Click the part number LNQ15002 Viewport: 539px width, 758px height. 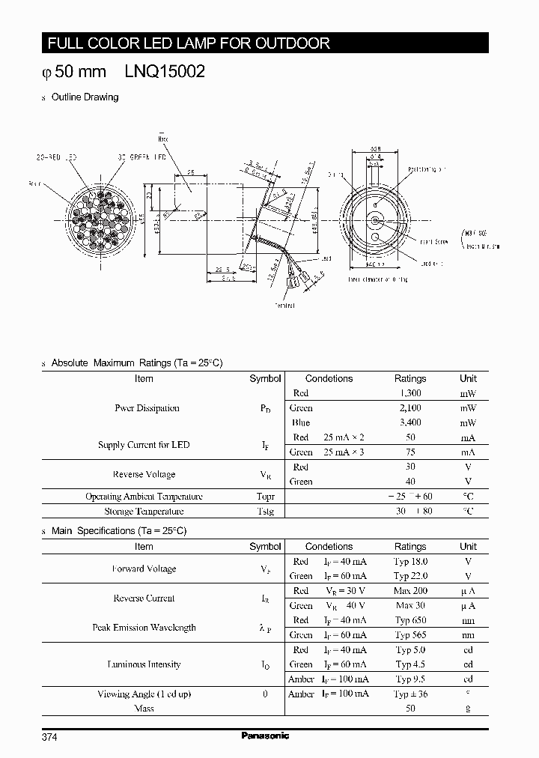(x=159, y=73)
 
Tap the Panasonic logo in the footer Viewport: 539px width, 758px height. (x=265, y=736)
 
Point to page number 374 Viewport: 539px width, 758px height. (x=49, y=737)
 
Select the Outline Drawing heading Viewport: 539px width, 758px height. (x=85, y=97)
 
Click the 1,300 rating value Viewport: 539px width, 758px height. (x=410, y=393)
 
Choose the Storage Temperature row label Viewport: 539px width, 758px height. (x=144, y=512)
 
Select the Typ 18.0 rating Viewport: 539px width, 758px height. (x=410, y=561)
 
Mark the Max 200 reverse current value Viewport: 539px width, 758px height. (x=410, y=591)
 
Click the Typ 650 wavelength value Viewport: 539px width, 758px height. (x=410, y=620)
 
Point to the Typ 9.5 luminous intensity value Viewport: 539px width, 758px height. (x=410, y=679)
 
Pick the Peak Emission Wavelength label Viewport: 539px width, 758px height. (x=144, y=628)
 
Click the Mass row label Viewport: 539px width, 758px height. (x=144, y=709)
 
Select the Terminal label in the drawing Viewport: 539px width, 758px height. (x=284, y=305)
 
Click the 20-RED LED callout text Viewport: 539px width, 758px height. (x=57, y=158)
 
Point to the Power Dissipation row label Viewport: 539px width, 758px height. (x=147, y=408)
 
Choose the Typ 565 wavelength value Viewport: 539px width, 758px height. (x=410, y=635)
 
